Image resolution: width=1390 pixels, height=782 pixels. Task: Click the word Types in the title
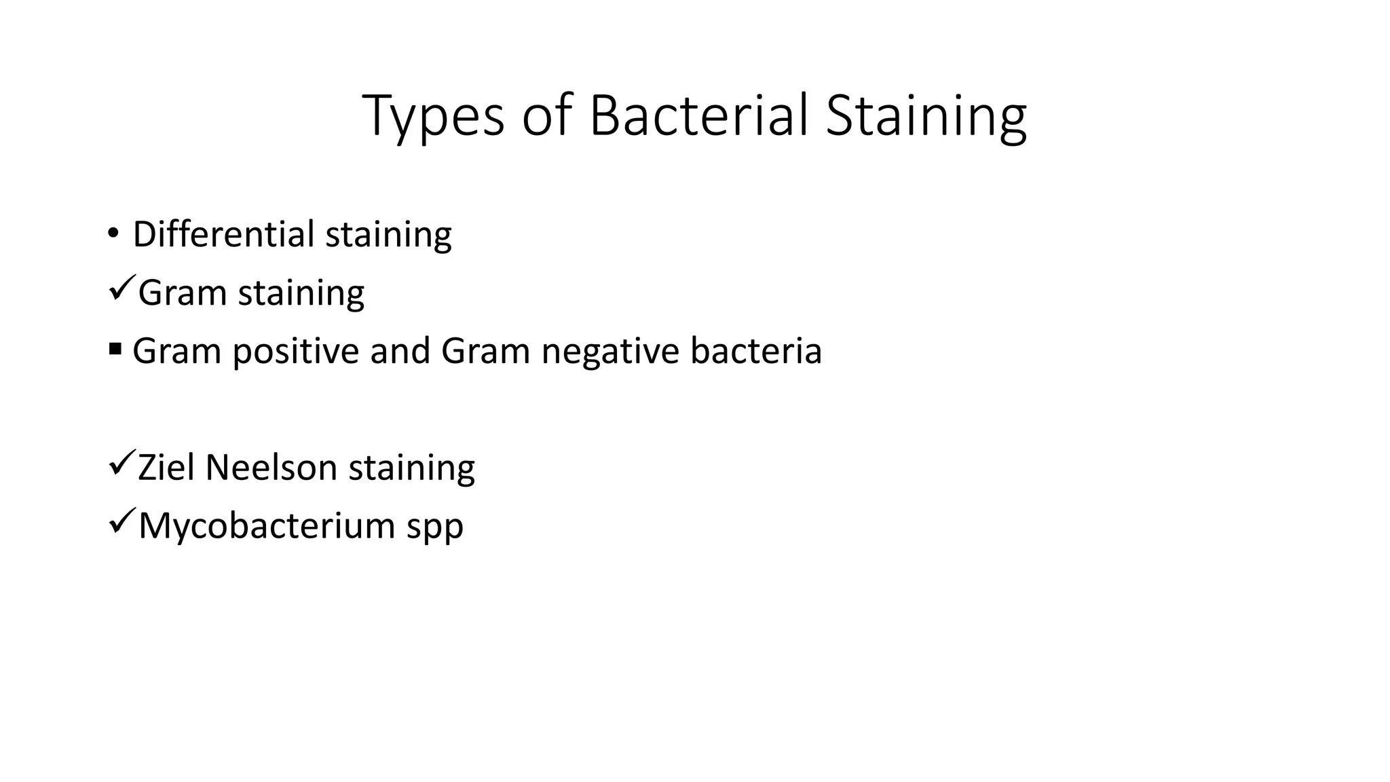(x=433, y=115)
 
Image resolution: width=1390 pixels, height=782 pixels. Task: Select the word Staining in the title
(x=926, y=115)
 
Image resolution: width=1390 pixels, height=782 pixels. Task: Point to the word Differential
(x=223, y=234)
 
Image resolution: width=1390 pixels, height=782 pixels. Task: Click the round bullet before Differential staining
(x=113, y=234)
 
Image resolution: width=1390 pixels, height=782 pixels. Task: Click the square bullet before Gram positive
(x=115, y=350)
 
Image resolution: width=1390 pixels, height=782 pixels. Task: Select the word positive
(x=295, y=352)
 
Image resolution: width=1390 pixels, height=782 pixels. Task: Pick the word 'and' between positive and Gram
(x=400, y=351)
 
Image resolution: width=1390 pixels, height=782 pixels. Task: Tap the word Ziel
(x=166, y=468)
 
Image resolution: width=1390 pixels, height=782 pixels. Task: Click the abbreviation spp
(x=435, y=528)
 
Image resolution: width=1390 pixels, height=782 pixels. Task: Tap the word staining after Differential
(x=388, y=235)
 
